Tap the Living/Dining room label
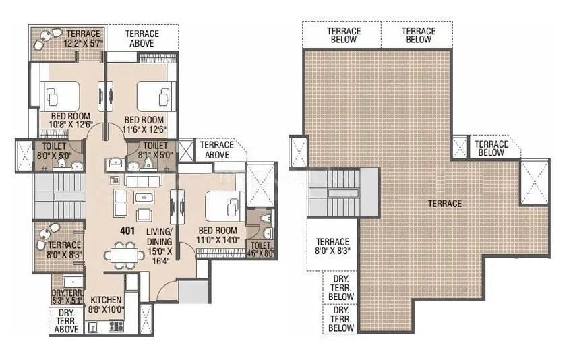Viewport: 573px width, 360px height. [x=160, y=247]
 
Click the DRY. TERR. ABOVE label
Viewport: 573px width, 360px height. [x=66, y=321]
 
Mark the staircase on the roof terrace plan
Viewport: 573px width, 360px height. [x=334, y=193]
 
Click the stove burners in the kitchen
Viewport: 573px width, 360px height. [x=114, y=326]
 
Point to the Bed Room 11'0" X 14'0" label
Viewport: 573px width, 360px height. [x=216, y=234]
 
